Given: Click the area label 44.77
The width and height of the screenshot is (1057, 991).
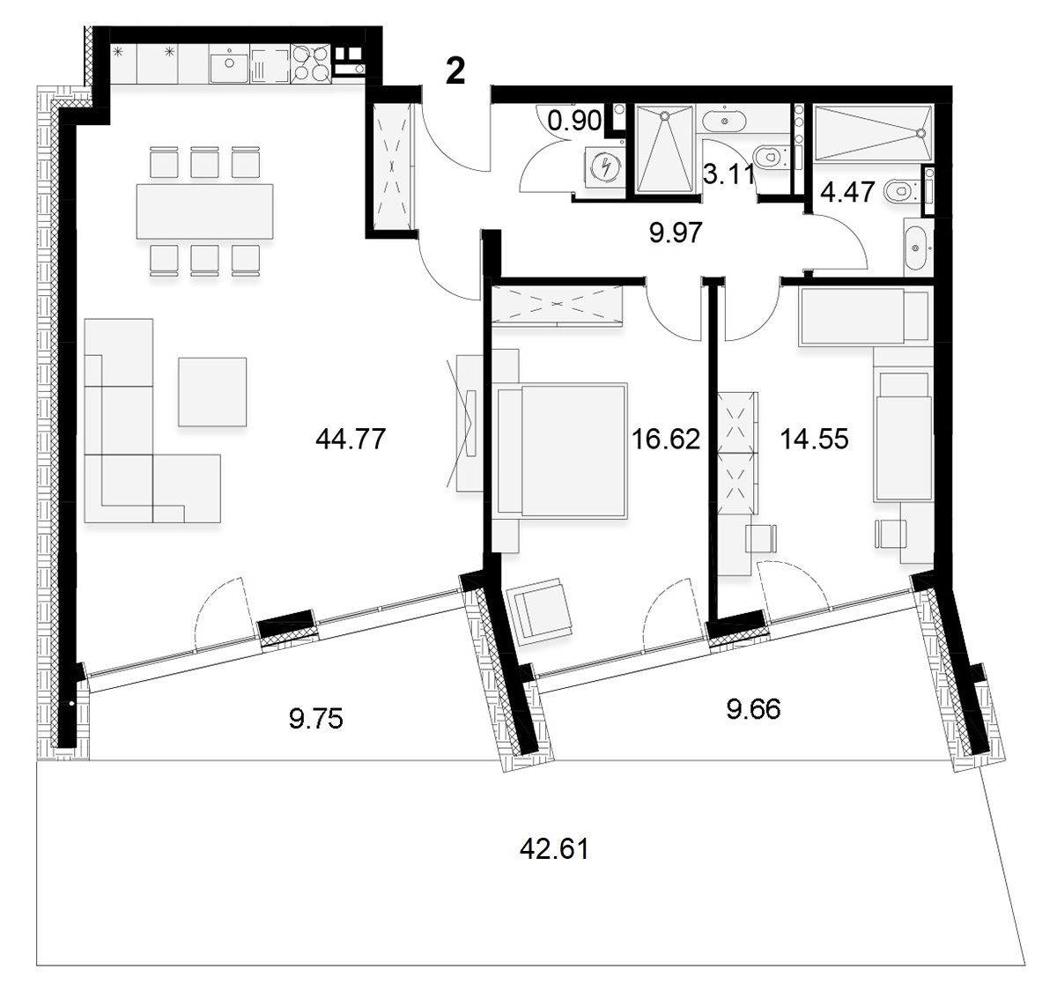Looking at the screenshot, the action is point(351,440).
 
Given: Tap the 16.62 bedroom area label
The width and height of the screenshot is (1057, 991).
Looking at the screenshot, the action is point(665,440).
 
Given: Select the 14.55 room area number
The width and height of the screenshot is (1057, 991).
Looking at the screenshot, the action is point(814,440).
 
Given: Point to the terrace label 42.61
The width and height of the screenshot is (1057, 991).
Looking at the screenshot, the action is point(554,849).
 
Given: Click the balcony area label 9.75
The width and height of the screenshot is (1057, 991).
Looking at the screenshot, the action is point(316,719).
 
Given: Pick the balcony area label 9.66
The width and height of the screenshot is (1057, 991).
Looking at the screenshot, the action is point(754,709).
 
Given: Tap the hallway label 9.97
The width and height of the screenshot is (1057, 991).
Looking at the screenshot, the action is point(676,233).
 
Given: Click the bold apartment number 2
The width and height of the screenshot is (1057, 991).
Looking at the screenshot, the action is point(455,70).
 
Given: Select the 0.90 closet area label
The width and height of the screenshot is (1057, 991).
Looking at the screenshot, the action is point(574,121).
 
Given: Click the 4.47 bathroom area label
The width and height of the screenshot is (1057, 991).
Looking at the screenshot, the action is point(847,192).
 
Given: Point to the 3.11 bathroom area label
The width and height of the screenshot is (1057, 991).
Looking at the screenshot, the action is point(729,174).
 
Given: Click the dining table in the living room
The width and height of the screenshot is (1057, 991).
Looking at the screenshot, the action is point(205,211).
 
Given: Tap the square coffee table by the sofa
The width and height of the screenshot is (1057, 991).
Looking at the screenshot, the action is point(212,391).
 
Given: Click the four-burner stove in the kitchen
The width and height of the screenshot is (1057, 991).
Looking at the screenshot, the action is point(311,64).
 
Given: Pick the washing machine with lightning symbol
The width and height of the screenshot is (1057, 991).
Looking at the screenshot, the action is point(605,166).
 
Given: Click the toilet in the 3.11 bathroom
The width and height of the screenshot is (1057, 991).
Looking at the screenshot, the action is point(772,156).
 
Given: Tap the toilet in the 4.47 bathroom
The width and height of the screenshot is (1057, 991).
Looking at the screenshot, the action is point(903,192).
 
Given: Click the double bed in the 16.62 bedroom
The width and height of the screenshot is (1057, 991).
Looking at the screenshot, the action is point(561,450).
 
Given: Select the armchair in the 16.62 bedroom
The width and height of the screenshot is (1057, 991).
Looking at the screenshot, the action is point(539,611).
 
